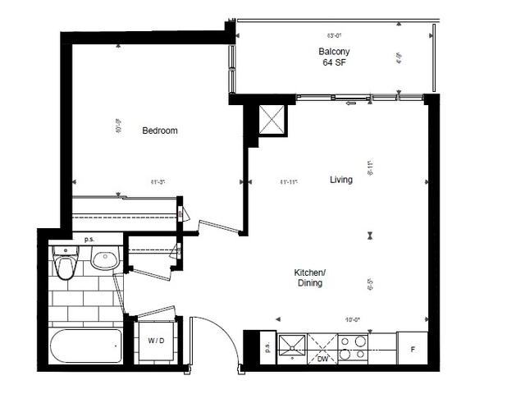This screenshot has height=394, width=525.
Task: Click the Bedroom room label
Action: point(160,131)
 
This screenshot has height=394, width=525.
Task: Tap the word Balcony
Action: point(336,52)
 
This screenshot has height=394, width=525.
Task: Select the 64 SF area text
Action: point(336,62)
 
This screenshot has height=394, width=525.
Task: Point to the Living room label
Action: point(341,180)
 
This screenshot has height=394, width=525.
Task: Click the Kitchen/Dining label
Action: point(310,277)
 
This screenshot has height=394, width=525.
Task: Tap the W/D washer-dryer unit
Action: point(155,341)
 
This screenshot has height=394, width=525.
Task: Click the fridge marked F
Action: point(412,350)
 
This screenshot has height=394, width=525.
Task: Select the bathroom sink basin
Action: point(104,261)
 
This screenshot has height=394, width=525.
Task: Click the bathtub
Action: point(85,346)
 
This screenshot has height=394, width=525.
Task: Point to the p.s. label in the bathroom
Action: point(89,240)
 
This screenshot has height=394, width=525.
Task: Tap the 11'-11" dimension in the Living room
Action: point(288,181)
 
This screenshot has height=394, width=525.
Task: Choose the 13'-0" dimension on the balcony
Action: point(334,35)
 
